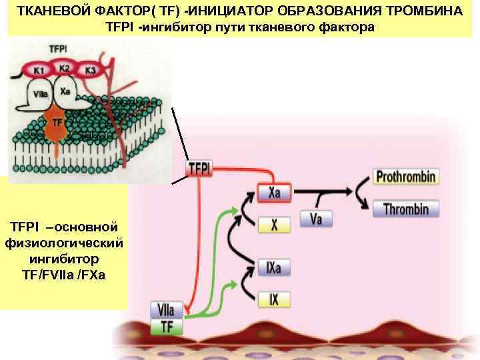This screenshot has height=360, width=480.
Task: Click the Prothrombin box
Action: tap(406, 177)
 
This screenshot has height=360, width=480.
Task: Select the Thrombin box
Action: tap(406, 209)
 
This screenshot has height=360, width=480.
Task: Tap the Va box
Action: tap(316, 218)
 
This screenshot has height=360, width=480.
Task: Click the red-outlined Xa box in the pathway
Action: tap(274, 193)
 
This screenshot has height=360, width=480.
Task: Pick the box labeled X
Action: tap(274, 225)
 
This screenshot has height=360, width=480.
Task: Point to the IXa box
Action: tap(274, 268)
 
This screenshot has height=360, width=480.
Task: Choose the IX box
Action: tap(274, 299)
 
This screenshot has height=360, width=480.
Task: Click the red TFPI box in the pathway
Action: tap(200, 169)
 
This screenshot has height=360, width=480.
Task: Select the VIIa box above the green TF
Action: tap(167, 310)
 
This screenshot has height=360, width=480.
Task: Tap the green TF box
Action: tap(167, 327)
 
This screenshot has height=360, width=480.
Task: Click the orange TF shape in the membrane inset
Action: tap(57, 126)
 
